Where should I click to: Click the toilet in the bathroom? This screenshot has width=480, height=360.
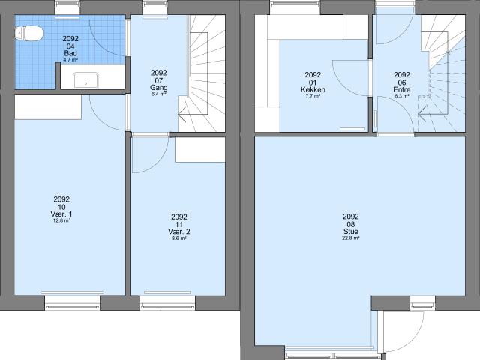pos(28,33)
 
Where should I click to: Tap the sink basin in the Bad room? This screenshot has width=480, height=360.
pos(85,80)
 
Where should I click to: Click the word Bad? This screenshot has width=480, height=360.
pos(70,53)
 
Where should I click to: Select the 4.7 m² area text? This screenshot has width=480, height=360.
pos(70,60)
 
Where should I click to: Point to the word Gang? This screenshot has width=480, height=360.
pos(158,88)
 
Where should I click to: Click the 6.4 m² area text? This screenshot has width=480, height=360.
pos(158,94)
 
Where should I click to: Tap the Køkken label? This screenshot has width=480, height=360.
pos(313,90)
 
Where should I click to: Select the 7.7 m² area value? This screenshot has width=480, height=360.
pos(313,96)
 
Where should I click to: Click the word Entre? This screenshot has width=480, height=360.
pos(402,90)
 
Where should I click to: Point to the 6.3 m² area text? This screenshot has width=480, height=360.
pos(402,96)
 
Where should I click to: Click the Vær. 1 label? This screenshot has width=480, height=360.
pos(61,214)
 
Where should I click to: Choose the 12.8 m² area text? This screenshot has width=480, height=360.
pos(61,220)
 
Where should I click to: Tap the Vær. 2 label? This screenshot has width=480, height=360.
pos(179,232)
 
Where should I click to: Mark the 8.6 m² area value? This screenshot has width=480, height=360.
pos(179,238)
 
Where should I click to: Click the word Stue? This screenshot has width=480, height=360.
pos(351,232)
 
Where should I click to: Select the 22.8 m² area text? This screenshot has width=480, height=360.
pos(351,238)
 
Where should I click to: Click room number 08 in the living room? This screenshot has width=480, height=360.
pos(351,224)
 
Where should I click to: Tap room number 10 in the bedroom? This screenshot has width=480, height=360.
pos(61,207)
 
